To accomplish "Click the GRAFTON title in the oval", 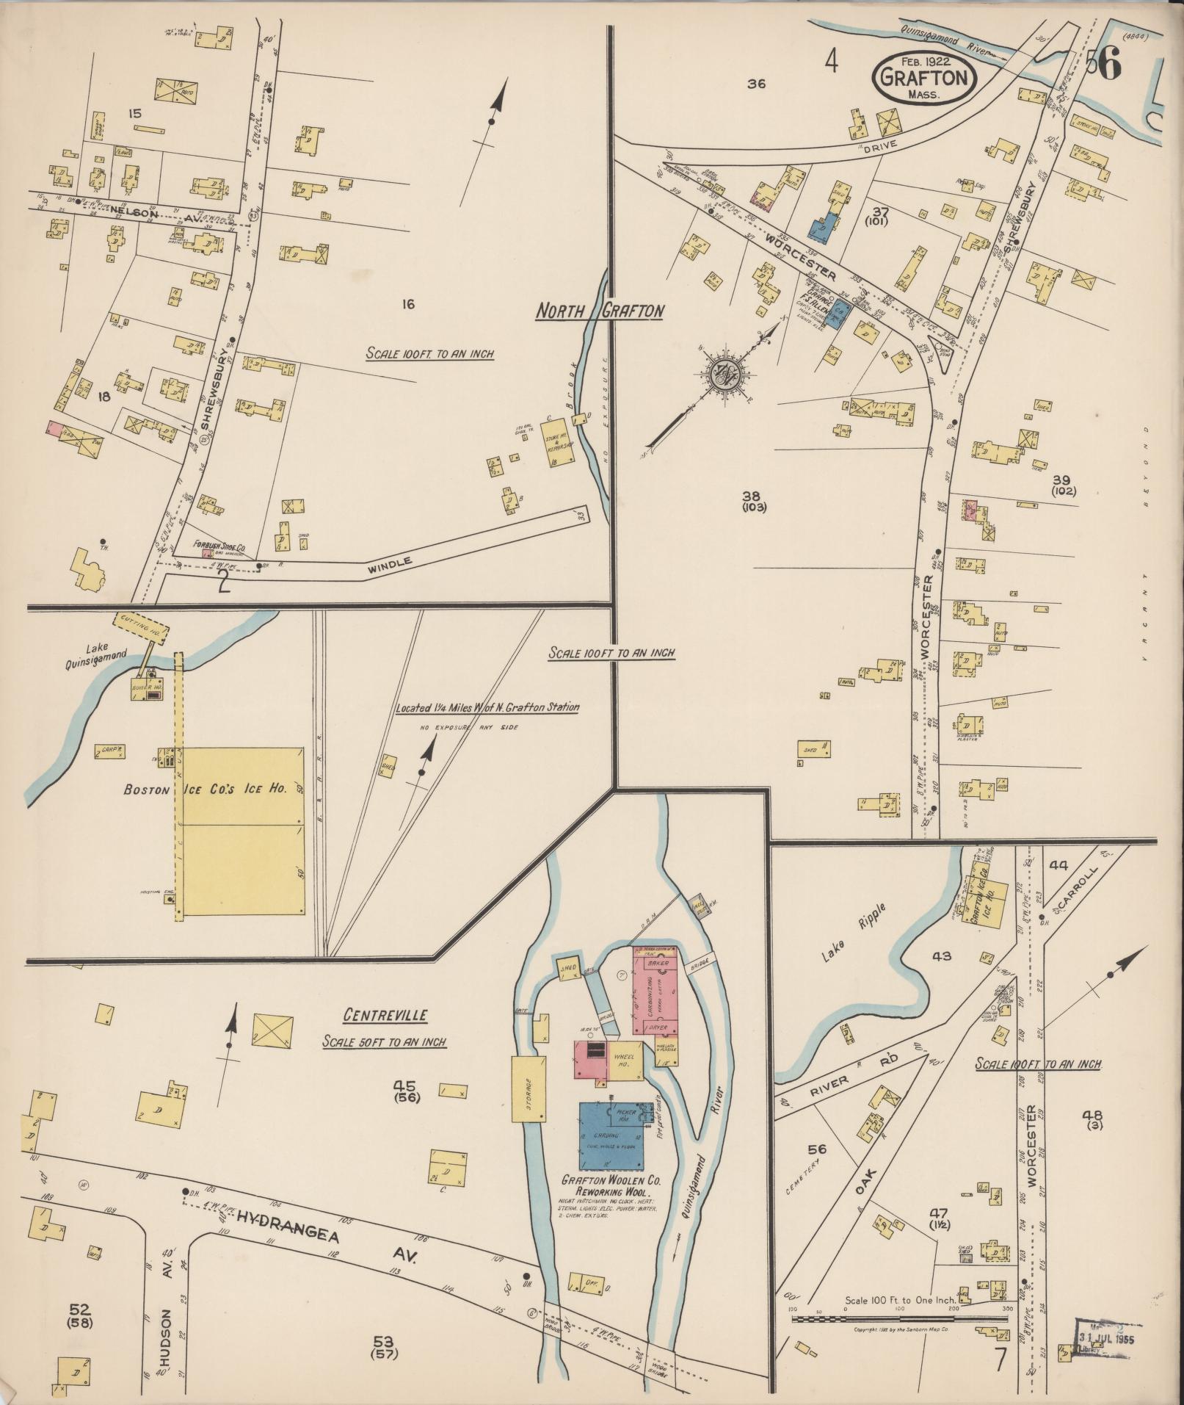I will point(925,76).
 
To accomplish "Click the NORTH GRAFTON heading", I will point(599,311).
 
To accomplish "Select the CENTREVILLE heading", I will point(385,1016).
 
